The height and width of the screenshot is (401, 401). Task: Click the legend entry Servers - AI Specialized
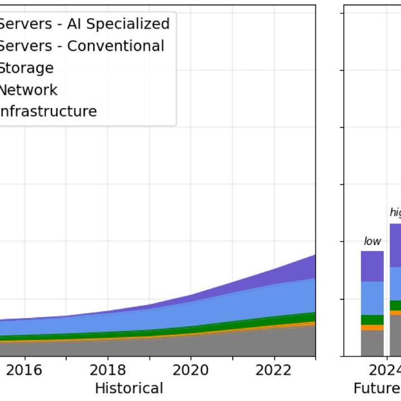[x=84, y=24]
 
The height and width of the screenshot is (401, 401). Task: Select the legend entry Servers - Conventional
[x=81, y=46]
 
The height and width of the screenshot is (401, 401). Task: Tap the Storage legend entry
[x=26, y=68]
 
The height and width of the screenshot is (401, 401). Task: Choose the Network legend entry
[x=28, y=90]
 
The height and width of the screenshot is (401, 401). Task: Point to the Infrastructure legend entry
[x=48, y=111]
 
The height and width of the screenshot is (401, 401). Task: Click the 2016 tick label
[x=25, y=370]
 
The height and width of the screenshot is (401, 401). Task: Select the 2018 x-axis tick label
[x=107, y=370]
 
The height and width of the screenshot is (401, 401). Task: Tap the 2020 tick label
[x=190, y=370]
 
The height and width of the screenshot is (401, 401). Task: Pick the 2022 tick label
[x=273, y=370]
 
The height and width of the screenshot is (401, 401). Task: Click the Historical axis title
[x=129, y=388]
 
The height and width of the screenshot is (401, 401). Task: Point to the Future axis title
[x=376, y=388]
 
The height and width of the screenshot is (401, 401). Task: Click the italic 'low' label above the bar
[x=372, y=241]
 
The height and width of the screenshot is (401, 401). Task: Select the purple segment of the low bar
[x=372, y=266]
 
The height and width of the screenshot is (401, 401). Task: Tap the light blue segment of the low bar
[x=372, y=298]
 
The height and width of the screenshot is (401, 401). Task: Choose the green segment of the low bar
[x=372, y=320]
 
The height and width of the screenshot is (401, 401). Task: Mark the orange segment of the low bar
[x=372, y=327]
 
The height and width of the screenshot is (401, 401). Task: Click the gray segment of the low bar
[x=372, y=343]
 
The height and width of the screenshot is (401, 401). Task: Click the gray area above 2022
[x=274, y=342]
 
